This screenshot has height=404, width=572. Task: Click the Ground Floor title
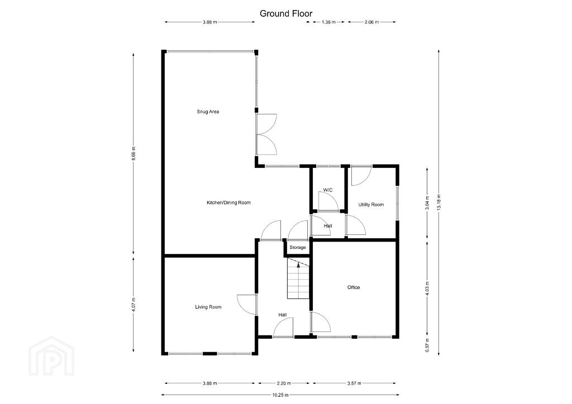(x=286, y=14)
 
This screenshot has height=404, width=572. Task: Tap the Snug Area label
(x=208, y=112)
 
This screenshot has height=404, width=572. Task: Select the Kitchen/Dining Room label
(x=228, y=203)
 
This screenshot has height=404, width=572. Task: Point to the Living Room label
(x=208, y=307)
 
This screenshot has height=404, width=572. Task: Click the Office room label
(x=354, y=287)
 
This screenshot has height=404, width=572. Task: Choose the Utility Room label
(x=371, y=205)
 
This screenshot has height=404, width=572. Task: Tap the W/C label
(x=328, y=190)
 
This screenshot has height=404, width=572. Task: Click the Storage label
(x=298, y=247)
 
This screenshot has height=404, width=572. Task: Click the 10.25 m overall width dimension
(x=280, y=395)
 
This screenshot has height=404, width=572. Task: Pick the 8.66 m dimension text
(x=134, y=153)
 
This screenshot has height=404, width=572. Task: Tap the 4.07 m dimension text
(x=134, y=305)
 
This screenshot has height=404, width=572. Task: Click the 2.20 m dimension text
(x=284, y=383)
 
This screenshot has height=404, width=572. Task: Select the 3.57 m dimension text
(x=354, y=383)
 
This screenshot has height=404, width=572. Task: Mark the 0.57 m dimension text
(x=427, y=345)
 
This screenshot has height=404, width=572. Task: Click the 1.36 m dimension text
(x=328, y=22)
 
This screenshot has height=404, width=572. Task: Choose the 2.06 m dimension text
(x=371, y=22)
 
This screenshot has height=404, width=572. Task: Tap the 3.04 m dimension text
(x=427, y=203)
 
